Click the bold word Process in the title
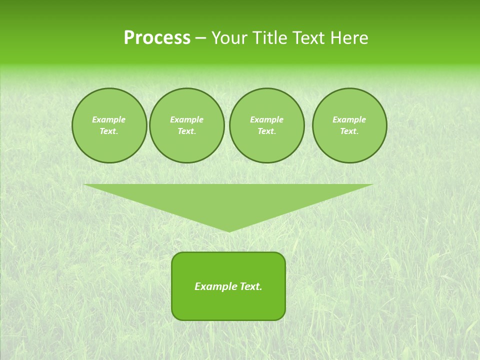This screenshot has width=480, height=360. (157, 38)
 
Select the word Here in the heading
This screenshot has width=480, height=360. (348, 38)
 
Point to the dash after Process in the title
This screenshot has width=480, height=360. (200, 38)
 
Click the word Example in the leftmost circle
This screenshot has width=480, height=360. (109, 119)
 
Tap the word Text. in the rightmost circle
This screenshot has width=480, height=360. (349, 131)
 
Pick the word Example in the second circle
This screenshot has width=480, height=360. (186, 119)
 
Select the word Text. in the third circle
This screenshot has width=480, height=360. (266, 131)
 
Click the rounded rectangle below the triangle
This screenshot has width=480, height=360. (228, 305)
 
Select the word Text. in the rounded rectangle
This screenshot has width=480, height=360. (251, 286)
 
